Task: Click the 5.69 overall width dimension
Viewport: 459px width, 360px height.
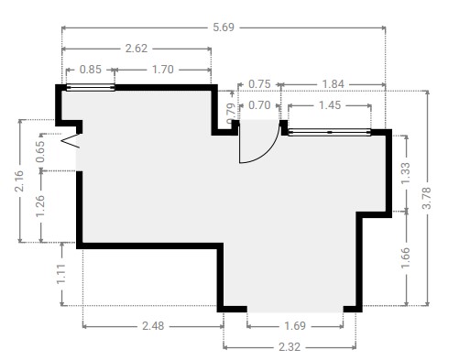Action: click(224, 27)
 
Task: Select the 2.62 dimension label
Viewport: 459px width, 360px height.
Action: click(137, 49)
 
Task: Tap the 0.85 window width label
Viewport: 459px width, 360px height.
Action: click(91, 70)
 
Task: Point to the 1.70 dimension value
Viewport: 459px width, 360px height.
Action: click(163, 70)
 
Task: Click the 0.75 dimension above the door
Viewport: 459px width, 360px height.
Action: click(259, 84)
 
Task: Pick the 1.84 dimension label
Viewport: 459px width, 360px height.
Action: click(333, 84)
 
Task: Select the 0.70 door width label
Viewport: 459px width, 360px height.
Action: click(259, 105)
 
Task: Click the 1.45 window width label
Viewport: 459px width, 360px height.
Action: click(330, 105)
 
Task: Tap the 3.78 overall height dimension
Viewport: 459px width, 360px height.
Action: click(427, 198)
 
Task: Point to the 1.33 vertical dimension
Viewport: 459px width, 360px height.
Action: click(406, 173)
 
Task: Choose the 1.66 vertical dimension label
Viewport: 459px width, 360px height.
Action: click(406, 258)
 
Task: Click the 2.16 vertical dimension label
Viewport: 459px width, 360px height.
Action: click(19, 181)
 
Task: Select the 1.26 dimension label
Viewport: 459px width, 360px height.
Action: click(40, 206)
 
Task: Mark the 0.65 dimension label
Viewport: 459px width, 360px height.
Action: click(40, 152)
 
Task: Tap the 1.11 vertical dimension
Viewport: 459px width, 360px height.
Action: click(61, 274)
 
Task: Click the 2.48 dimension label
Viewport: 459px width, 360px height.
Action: click(153, 326)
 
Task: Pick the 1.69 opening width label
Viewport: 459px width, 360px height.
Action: click(295, 326)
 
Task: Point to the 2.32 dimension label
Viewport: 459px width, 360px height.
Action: click(290, 347)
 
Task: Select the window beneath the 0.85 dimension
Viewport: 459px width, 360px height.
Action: click(91, 88)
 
